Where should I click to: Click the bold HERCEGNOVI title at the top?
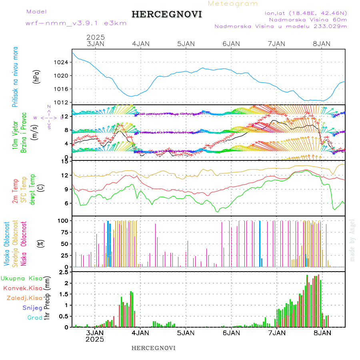(x=167, y=15)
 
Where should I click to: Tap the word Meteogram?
(x=233, y=4)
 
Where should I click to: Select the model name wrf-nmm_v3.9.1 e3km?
(x=76, y=23)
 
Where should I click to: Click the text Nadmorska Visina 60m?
(x=308, y=20)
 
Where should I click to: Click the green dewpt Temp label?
(x=32, y=189)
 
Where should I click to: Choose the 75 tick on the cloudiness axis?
(x=64, y=232)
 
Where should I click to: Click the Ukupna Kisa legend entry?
(x=21, y=278)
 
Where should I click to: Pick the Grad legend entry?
(x=34, y=318)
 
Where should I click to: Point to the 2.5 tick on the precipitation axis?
(x=63, y=272)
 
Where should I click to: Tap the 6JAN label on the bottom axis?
(x=231, y=332)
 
